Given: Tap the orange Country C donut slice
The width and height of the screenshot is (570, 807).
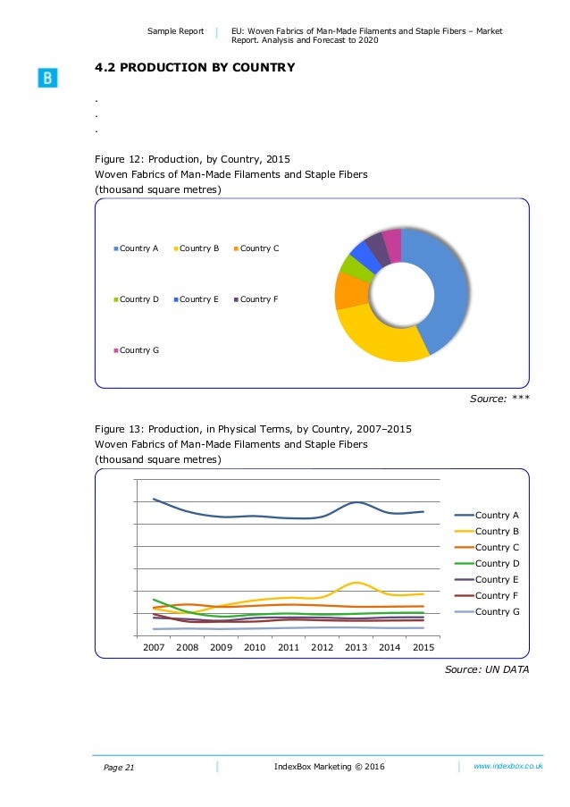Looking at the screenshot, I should [349, 290].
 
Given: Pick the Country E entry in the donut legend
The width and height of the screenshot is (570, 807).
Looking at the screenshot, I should [198, 299].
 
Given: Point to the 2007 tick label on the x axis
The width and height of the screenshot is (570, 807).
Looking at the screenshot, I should [154, 647].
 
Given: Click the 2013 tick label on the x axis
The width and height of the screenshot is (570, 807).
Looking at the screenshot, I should [356, 647].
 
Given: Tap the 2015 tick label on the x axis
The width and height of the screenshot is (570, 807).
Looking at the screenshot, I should [423, 647].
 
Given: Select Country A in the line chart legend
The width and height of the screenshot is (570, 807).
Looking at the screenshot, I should [497, 515].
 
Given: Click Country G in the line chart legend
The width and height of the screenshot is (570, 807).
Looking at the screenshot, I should [497, 611].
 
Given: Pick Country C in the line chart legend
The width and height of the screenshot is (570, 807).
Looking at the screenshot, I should [497, 547].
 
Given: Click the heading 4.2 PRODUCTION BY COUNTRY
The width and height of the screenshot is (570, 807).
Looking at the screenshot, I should [195, 68].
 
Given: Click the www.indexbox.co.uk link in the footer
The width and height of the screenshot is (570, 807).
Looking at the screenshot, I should [508, 766].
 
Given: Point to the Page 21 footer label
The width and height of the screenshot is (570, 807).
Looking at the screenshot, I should [113, 767].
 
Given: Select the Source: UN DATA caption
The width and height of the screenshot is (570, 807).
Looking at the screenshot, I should [487, 671].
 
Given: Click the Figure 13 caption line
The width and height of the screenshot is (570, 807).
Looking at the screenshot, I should [253, 428].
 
